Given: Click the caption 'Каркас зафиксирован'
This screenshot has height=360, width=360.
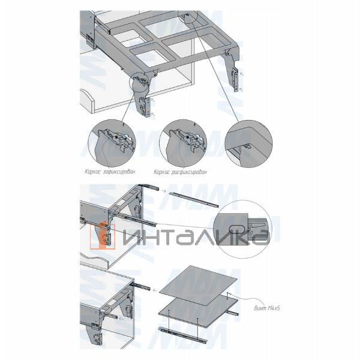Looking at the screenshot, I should tap(111, 172).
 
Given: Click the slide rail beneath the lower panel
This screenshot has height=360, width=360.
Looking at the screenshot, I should tap(182, 334).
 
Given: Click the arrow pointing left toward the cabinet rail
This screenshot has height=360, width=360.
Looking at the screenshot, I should tap(154, 288).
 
